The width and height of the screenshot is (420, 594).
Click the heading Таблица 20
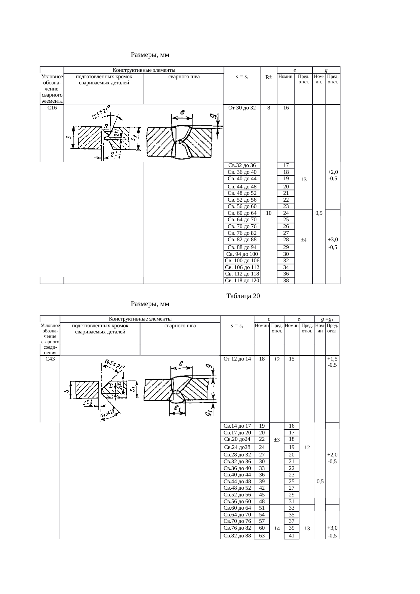click(x=243, y=296)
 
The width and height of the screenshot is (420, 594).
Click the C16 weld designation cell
click(x=52, y=108)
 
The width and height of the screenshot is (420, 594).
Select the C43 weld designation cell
click(x=50, y=359)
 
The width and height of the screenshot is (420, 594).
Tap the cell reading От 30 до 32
click(x=242, y=108)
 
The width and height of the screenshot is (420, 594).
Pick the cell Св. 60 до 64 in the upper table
click(x=242, y=213)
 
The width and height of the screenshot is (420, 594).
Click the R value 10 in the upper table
click(x=269, y=213)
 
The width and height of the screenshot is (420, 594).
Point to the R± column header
click(x=269, y=77)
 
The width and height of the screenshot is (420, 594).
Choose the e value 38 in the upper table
click(x=286, y=280)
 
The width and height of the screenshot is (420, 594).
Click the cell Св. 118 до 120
click(x=242, y=280)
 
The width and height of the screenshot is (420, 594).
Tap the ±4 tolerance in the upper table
click(x=303, y=240)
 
